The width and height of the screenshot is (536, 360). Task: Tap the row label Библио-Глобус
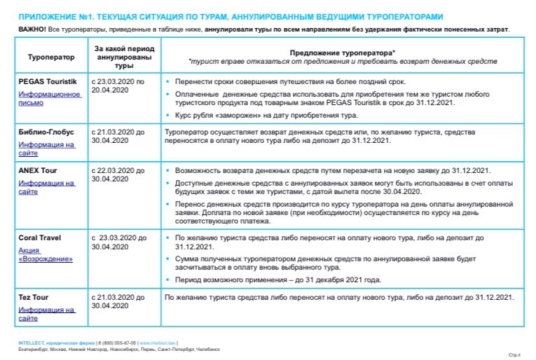coord(46,132)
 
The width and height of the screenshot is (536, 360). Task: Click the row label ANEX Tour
coord(38,170)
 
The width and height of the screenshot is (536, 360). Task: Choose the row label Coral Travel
coord(40,237)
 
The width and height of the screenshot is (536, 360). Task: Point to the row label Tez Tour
coord(34,297)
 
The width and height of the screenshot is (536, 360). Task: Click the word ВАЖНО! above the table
coord(33,29)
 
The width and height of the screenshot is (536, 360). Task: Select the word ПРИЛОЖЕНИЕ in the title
coord(46,16)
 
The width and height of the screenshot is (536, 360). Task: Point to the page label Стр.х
coord(514,355)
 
